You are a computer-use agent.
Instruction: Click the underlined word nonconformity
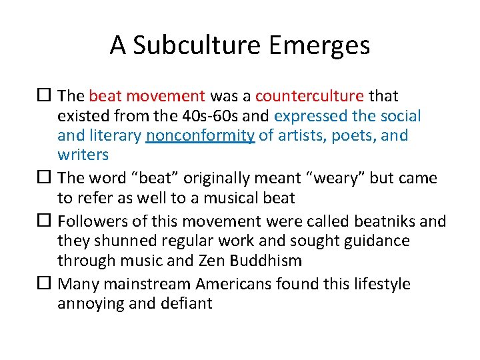tap(200, 135)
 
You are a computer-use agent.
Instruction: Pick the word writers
tap(83, 155)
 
